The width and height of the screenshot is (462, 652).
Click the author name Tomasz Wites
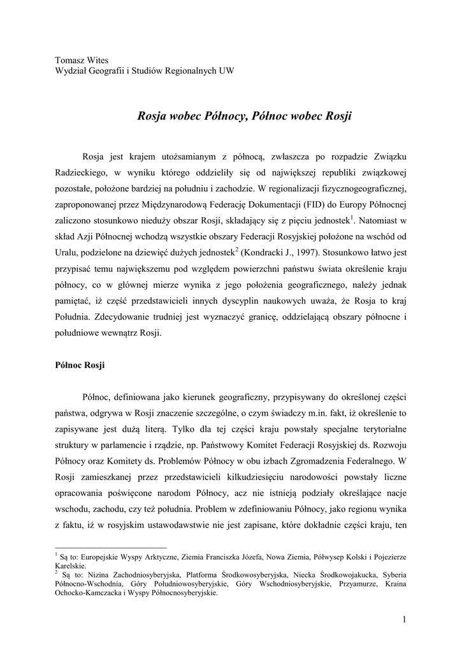coord(82,60)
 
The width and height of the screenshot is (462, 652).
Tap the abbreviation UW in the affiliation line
coord(226,71)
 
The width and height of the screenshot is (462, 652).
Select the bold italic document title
coord(245,117)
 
